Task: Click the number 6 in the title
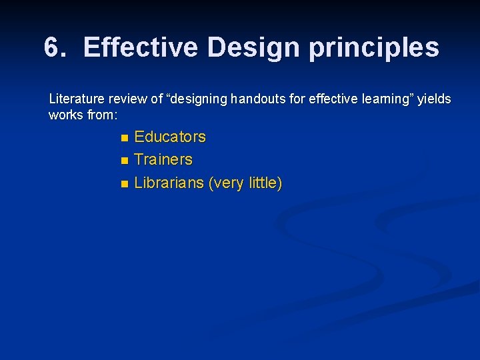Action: [x=52, y=48]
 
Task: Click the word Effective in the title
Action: [x=141, y=48]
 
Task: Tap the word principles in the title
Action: [x=374, y=48]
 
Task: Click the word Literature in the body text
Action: [x=73, y=99]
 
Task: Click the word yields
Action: [x=435, y=99]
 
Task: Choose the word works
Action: [x=64, y=115]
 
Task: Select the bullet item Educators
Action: [x=170, y=137]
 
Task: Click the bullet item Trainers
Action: [x=163, y=160]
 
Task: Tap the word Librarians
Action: [x=169, y=183]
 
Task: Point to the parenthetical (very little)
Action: [x=245, y=183]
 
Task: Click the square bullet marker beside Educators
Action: [x=123, y=138]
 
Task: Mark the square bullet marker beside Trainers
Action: [x=123, y=161]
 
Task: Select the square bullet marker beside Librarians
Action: [x=123, y=184]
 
